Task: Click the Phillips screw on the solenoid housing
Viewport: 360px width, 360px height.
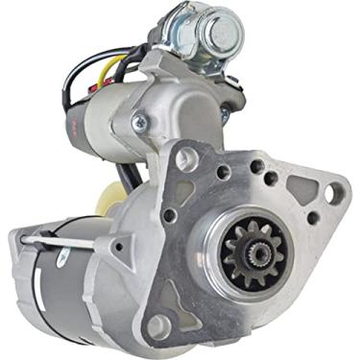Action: click(140, 121)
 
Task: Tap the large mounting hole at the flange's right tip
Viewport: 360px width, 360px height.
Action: click(333, 193)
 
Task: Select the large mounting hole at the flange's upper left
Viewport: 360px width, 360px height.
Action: click(187, 159)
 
